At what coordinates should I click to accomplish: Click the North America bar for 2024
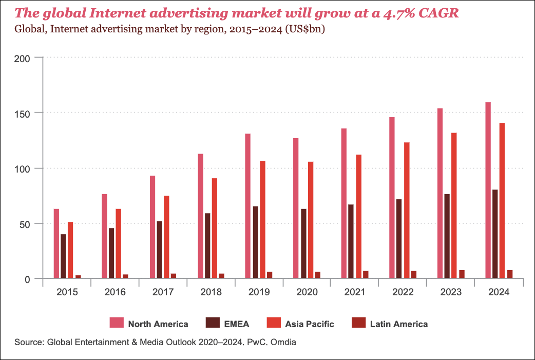click(488, 191)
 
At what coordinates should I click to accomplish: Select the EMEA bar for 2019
click(256, 242)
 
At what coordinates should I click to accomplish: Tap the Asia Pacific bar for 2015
click(70, 250)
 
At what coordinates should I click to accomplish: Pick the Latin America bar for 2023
click(462, 274)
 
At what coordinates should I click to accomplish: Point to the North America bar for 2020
click(296, 209)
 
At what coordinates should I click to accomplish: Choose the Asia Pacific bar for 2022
click(407, 211)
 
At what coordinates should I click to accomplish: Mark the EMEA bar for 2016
click(111, 253)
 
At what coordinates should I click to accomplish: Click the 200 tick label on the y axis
click(26, 58)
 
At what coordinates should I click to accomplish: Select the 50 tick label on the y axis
click(29, 224)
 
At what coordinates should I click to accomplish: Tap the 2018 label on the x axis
click(211, 292)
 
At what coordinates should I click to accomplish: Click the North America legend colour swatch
click(117, 323)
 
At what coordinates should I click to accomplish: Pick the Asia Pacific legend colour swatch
click(274, 323)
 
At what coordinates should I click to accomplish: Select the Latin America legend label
click(399, 324)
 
